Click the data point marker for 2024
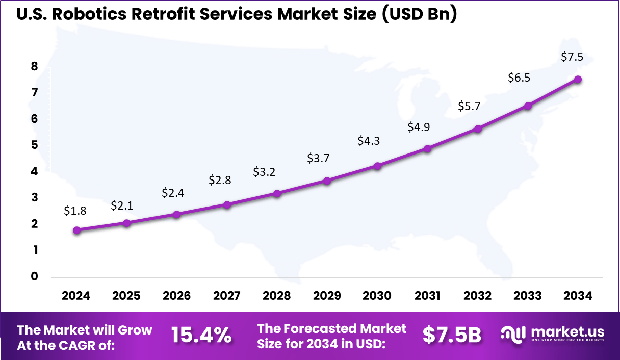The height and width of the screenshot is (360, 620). point(76,230)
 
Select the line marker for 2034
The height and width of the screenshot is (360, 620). point(578,80)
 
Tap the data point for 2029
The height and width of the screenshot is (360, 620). point(327,181)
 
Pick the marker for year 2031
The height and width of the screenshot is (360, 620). point(428,149)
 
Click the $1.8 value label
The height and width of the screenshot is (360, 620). point(74,210)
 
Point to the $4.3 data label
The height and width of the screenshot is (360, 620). point(369,140)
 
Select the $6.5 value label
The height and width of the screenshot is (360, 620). point(519,78)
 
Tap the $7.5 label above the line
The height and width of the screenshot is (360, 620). point(572,57)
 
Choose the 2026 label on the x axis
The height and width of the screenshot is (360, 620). point(177,296)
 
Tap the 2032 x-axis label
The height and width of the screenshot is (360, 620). point(478,296)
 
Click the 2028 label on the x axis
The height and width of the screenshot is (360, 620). point(277,296)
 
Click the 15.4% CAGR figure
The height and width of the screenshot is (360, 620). point(201,335)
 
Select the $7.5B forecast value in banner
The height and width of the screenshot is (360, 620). point(452,335)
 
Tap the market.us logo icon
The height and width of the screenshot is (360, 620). point(513,334)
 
